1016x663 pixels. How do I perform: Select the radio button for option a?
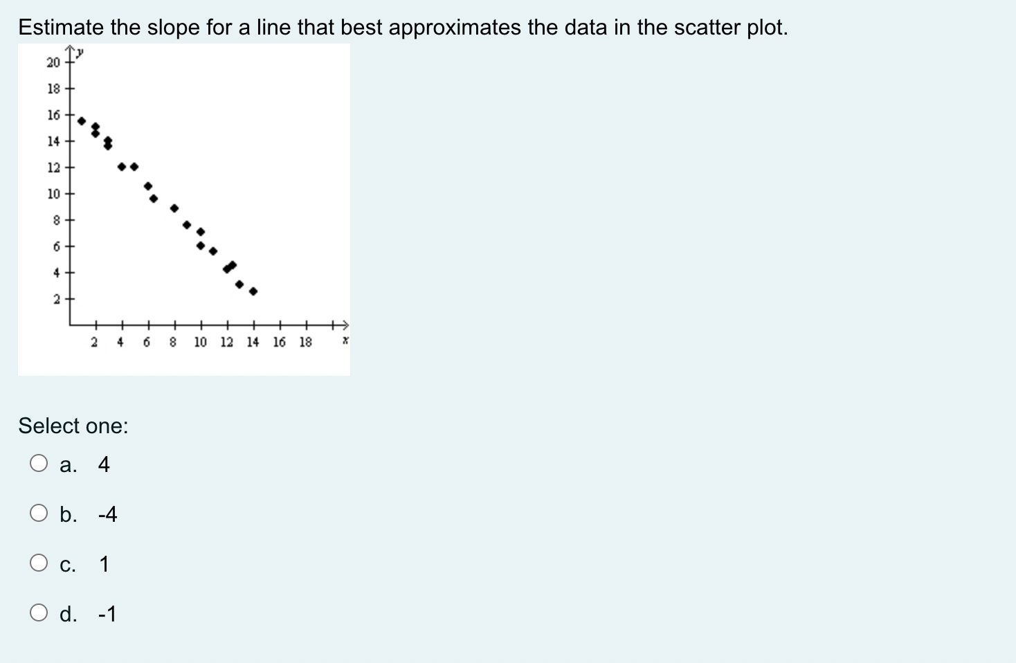tap(39, 464)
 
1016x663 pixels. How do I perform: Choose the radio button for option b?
tap(39, 513)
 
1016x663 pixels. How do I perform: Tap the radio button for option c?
tap(39, 563)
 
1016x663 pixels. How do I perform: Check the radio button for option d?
tap(39, 612)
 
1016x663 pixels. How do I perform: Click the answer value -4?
tap(107, 514)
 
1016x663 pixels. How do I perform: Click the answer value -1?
tap(107, 614)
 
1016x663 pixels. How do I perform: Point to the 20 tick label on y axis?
tap(53, 62)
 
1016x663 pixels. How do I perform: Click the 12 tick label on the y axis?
tap(53, 167)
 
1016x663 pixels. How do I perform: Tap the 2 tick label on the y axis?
tap(57, 299)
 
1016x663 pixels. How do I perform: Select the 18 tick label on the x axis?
tap(306, 342)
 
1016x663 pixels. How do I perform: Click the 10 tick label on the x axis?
tap(201, 342)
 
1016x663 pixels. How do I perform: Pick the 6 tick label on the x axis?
tap(147, 342)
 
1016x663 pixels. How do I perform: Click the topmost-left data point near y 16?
tap(82, 121)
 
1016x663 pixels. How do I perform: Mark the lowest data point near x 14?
tap(253, 291)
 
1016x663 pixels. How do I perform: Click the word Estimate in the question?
tap(61, 27)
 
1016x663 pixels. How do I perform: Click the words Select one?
tap(73, 426)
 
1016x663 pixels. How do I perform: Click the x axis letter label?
tap(345, 340)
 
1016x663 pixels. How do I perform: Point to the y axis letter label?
tap(80, 53)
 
